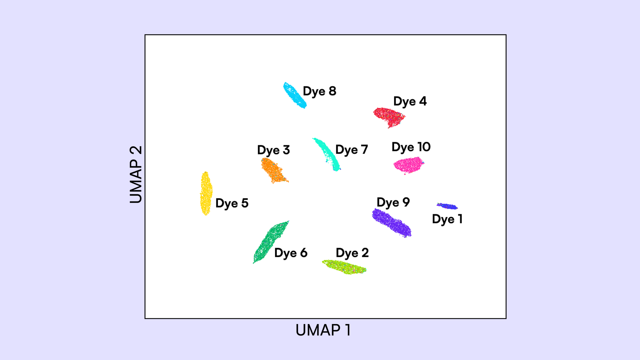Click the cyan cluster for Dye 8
295,95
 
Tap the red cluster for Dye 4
389,117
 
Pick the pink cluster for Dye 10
408,165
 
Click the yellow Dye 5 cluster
206,193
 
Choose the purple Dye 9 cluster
391,222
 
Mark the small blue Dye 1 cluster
447,206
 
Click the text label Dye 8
319,91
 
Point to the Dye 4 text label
410,101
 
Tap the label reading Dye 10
411,147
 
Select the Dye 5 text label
232,203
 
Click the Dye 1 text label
447,219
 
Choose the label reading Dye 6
291,253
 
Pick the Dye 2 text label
352,253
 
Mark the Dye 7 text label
352,150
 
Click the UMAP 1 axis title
323,330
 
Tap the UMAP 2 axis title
136,174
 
